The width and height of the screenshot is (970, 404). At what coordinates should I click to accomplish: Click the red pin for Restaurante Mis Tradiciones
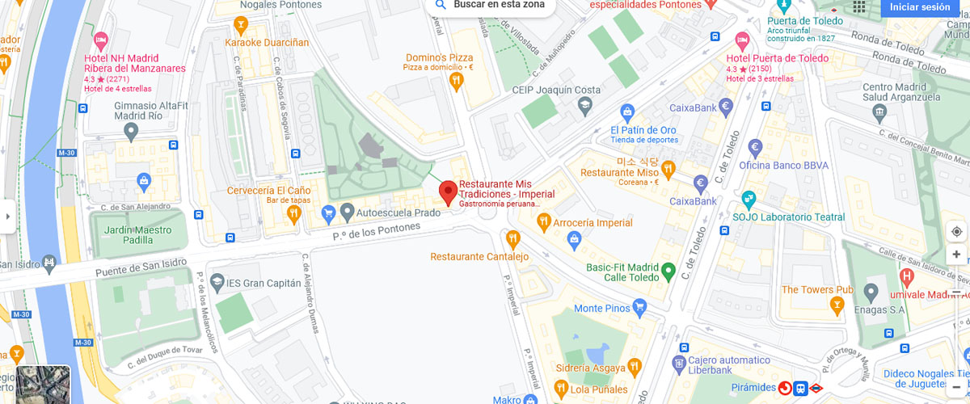click(448, 192)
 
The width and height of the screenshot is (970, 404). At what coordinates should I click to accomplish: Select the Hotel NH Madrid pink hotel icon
click(101, 40)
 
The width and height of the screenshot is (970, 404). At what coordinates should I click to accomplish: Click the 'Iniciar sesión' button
click(920, 7)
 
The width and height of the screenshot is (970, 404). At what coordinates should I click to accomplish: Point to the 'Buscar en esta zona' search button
click(490, 5)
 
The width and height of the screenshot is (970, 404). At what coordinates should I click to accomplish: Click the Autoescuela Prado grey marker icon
click(348, 213)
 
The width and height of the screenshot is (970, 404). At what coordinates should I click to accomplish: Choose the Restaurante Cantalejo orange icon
click(512, 238)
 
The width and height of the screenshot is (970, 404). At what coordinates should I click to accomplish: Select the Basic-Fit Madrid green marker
click(668, 270)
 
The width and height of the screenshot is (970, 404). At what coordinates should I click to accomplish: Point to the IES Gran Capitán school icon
click(217, 283)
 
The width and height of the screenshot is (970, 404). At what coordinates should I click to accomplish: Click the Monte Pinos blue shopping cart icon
click(640, 307)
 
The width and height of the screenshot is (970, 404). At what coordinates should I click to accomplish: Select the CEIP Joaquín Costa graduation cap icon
click(584, 105)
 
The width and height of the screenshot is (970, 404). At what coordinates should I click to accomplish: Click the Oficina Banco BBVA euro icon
click(756, 147)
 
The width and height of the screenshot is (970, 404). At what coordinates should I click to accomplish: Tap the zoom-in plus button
click(956, 255)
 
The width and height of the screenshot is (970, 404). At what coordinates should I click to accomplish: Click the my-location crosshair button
click(956, 232)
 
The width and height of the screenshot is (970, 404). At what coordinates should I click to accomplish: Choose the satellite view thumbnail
click(43, 384)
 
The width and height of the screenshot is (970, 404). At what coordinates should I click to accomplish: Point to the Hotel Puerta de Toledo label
click(777, 58)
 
